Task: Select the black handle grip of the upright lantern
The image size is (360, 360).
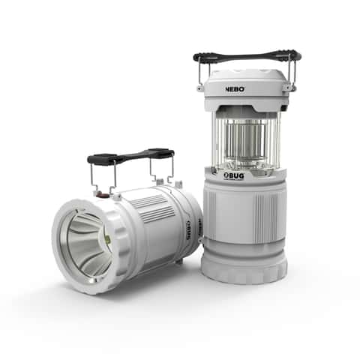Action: click(x=247, y=56)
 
